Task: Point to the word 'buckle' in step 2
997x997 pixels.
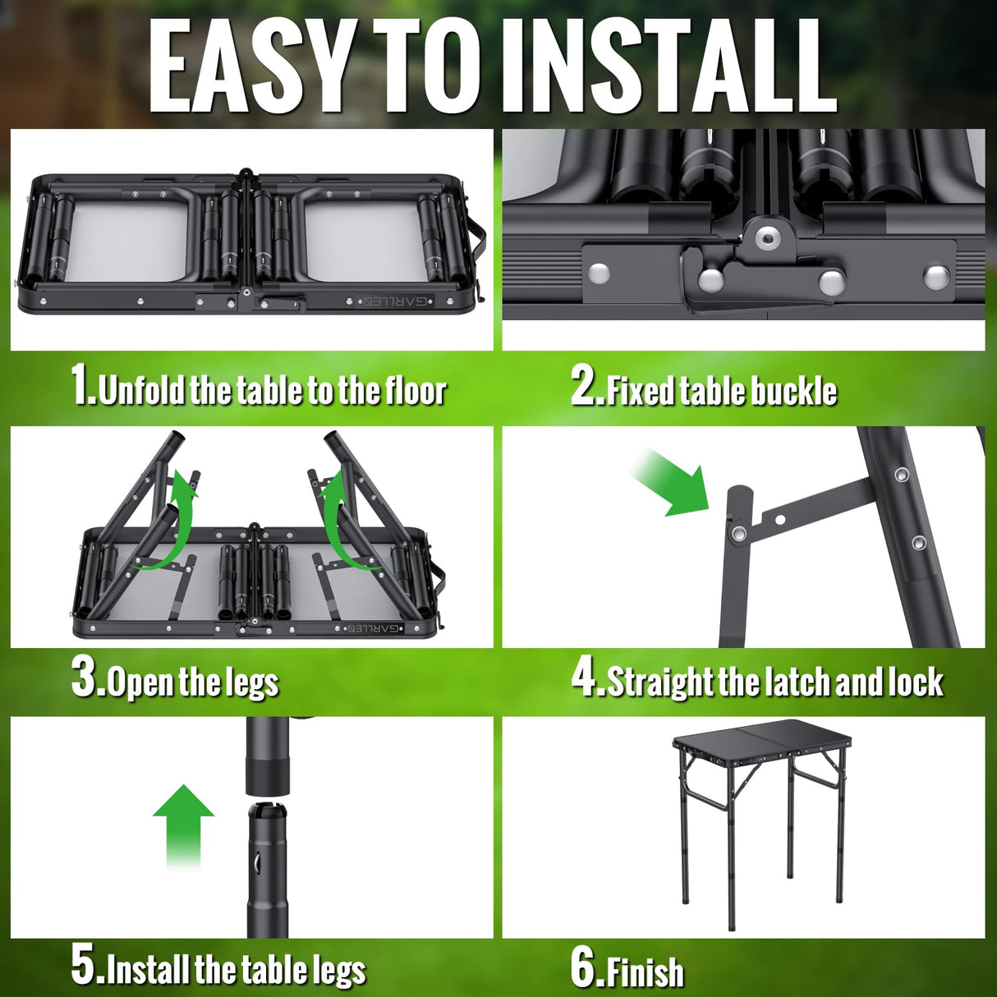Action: (793, 391)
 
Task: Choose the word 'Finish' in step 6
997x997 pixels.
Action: (644, 972)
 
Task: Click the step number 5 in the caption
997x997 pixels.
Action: (85, 966)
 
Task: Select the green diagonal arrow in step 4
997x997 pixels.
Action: (670, 483)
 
